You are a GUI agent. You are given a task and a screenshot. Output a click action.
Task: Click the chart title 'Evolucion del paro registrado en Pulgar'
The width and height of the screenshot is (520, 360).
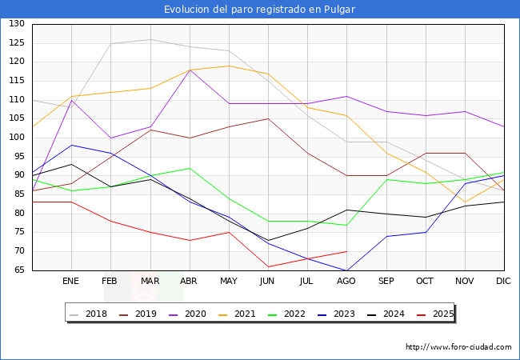260,10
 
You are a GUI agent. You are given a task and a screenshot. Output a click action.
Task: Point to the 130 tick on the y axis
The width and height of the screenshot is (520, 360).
17,24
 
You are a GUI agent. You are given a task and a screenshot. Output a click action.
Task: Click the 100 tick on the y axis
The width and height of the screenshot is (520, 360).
17,138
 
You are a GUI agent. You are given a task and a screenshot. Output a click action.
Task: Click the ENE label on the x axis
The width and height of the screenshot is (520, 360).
71,282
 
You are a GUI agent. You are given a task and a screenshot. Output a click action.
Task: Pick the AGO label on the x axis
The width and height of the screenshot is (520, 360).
346,282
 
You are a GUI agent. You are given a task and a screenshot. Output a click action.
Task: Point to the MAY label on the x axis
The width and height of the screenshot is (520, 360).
229,282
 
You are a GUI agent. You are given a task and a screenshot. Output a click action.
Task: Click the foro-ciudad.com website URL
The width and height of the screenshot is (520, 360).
458,347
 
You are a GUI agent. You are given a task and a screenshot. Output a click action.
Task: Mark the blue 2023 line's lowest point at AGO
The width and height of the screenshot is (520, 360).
346,270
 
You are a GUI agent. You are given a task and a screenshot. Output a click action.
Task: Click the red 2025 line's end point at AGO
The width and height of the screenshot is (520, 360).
346,251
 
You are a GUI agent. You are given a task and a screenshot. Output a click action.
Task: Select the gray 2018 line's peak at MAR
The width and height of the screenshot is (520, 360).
150,39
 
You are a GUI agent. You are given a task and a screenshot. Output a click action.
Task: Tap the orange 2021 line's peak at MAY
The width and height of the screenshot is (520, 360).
229,66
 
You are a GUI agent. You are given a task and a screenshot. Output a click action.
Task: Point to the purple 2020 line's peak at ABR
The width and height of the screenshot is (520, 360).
190,70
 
